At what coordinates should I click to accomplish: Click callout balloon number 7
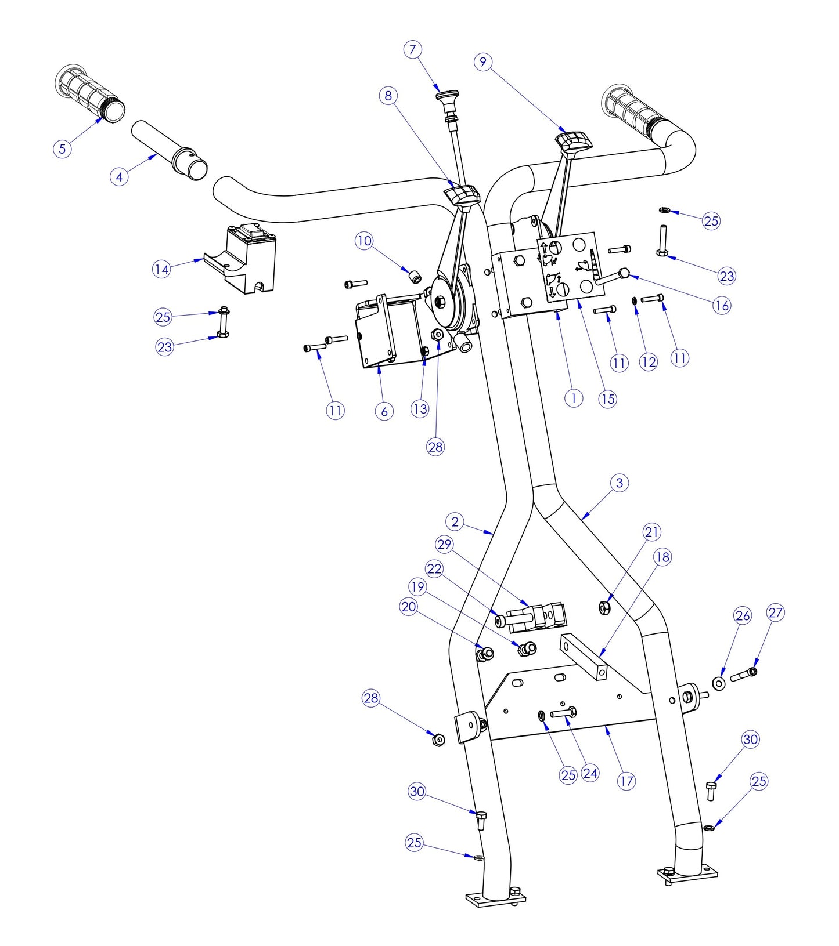pyautogui.click(x=412, y=49)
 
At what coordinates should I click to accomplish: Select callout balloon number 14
pyautogui.click(x=162, y=269)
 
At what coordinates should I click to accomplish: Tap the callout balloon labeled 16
pyautogui.click(x=722, y=305)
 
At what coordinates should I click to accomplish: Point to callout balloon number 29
pyautogui.click(x=445, y=545)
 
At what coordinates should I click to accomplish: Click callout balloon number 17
pyautogui.click(x=626, y=781)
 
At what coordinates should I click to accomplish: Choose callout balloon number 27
pyautogui.click(x=776, y=612)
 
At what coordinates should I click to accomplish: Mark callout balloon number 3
pyautogui.click(x=620, y=483)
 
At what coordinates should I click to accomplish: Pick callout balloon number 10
pyautogui.click(x=364, y=241)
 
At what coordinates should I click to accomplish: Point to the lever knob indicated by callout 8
pyautogui.click(x=463, y=194)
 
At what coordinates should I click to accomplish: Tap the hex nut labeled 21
pyautogui.click(x=604, y=607)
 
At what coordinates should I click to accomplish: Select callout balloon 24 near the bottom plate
pyautogui.click(x=590, y=773)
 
